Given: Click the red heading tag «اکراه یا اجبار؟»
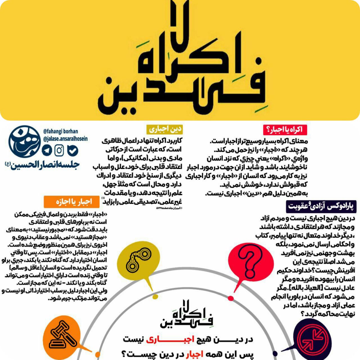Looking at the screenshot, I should (285, 130).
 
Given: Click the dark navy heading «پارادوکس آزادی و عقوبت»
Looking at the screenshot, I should (321, 206).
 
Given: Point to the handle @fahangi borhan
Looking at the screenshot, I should (61, 132).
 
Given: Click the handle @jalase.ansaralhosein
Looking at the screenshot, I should (66, 139).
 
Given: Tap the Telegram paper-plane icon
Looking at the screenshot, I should (47, 150).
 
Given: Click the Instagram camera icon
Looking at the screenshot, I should (59, 150).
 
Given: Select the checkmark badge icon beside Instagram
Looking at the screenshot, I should (73, 151).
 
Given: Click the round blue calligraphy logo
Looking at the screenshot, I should (24, 143).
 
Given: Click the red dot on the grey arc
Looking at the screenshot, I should (231, 298).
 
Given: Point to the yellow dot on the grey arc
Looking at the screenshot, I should (155, 297).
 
